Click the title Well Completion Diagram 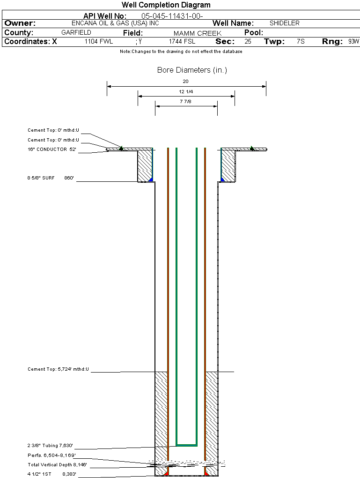coord(166,5)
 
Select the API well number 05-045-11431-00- coord(172,16)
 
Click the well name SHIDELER coord(285,23)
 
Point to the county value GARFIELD coord(76,33)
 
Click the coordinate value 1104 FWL coord(99,42)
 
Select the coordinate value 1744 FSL coord(182,42)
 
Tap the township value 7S coord(301,42)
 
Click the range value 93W coord(353,42)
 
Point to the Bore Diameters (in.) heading coord(192,70)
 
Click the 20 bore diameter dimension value coord(186,82)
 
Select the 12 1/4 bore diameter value coord(186,91)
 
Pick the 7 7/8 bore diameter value coord(186,101)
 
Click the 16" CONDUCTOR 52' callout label coord(52,149)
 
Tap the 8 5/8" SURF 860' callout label coord(51,178)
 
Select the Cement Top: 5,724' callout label coord(58,370)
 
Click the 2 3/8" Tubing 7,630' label coord(50,446)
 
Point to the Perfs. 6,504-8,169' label coord(51,456)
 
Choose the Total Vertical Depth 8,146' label coord(57,465)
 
